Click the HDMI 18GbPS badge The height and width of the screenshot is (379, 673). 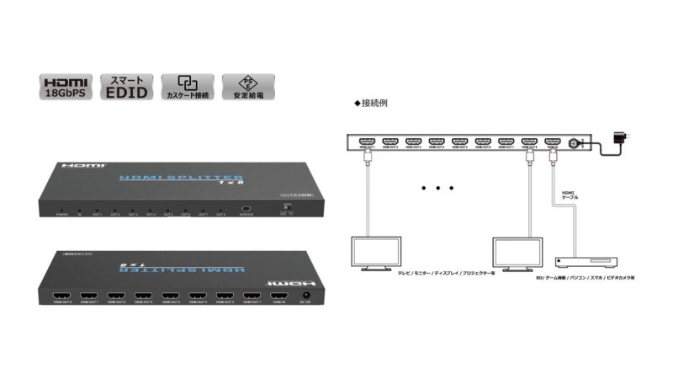[x=65, y=88]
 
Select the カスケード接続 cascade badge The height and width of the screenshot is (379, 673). [x=188, y=88]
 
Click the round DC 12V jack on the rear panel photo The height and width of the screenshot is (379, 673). [x=307, y=296]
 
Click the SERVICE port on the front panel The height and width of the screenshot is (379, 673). [x=246, y=209]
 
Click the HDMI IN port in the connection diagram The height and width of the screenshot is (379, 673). [x=552, y=141]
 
